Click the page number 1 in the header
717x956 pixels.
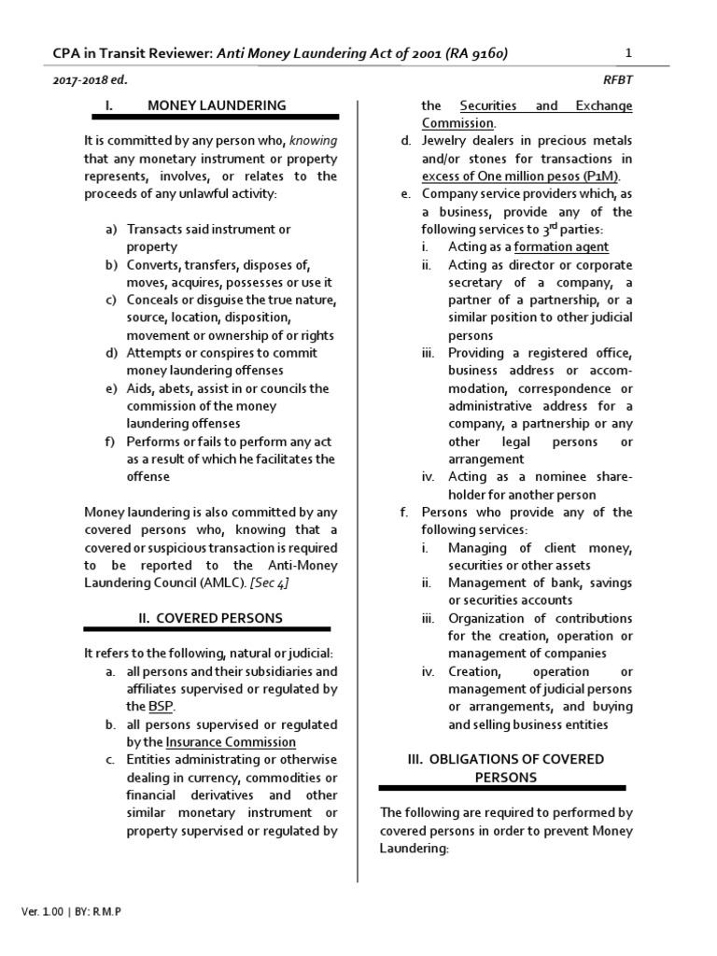click(x=628, y=53)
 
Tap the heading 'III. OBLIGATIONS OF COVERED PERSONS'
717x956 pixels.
click(x=505, y=767)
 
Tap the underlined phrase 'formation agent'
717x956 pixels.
click(x=561, y=247)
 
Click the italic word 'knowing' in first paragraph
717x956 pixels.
click(x=313, y=141)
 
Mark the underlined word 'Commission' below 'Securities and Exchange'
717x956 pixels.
click(x=457, y=123)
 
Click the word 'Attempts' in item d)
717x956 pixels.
click(x=156, y=353)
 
